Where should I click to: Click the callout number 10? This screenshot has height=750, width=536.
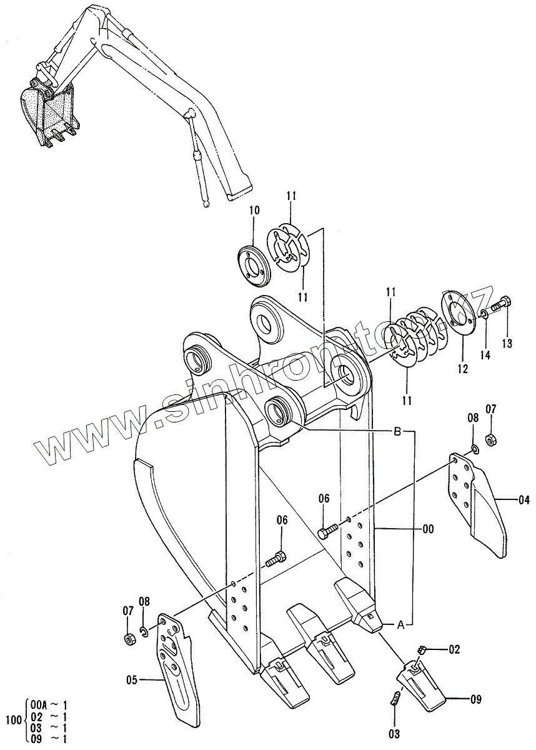(x=254, y=211)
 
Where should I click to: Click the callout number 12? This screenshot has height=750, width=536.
(x=462, y=369)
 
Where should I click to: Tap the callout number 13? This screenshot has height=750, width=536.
(x=507, y=342)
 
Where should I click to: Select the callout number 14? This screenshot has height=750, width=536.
(x=485, y=354)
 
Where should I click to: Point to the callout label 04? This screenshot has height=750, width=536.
(x=524, y=499)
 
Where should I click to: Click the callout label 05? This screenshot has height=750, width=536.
(x=132, y=679)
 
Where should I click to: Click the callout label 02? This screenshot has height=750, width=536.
(x=454, y=650)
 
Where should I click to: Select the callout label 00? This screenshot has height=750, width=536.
(x=428, y=529)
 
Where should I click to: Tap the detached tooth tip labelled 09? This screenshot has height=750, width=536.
(x=422, y=687)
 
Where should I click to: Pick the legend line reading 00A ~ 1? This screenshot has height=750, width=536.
(x=47, y=704)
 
